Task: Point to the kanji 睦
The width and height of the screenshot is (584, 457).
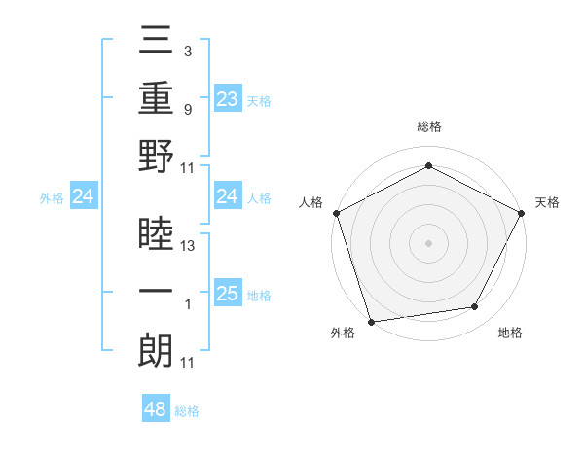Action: point(156,234)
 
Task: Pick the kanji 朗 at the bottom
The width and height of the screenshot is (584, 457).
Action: point(156,350)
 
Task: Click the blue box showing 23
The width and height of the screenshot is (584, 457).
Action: point(227,98)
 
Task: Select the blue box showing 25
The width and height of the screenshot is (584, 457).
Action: point(227,295)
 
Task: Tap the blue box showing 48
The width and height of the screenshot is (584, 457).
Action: point(156,409)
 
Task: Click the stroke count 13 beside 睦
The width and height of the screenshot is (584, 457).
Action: point(189,246)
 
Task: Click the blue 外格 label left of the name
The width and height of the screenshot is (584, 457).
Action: point(52,198)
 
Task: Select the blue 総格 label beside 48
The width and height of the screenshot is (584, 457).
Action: point(187,411)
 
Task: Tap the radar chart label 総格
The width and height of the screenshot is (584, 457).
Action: point(428,126)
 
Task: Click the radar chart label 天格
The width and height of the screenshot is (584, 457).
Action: point(547,202)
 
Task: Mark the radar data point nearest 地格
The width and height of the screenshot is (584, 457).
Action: point(475,307)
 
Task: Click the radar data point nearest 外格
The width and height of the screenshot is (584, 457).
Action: point(371,321)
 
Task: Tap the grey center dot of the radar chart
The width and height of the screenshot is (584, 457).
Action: point(428,242)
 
